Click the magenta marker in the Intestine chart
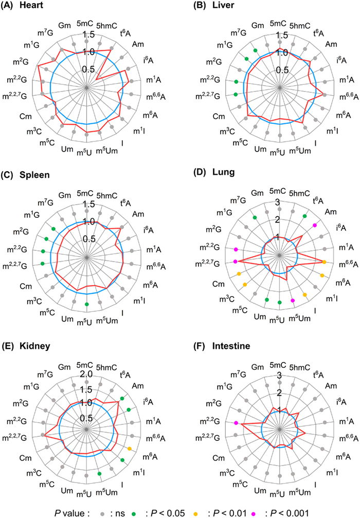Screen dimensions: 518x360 tap(236, 423)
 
